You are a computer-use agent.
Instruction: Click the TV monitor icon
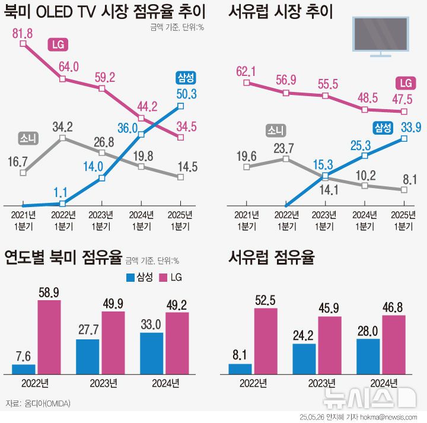click(x=380, y=36)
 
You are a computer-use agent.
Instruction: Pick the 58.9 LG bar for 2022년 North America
click(x=49, y=336)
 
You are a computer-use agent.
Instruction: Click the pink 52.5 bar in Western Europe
click(x=265, y=341)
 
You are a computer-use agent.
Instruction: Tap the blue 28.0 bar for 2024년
click(x=368, y=356)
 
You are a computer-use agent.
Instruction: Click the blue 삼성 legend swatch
click(x=131, y=277)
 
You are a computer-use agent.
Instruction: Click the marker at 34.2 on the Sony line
click(x=62, y=139)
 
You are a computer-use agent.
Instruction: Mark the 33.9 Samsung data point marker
click(x=404, y=138)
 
